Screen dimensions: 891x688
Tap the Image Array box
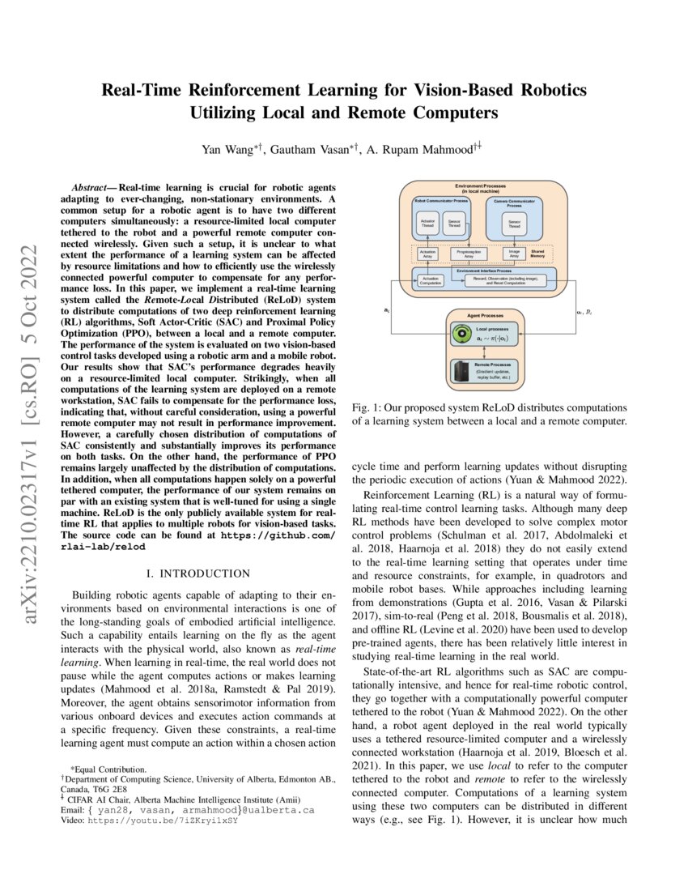click(x=514, y=254)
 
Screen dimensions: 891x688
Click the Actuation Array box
click(x=427, y=254)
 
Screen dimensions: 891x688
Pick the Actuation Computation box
click(x=431, y=280)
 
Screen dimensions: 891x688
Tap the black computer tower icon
click(x=461, y=373)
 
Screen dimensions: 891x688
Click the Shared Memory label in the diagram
click(x=537, y=254)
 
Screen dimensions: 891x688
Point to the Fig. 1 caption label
click(x=369, y=407)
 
